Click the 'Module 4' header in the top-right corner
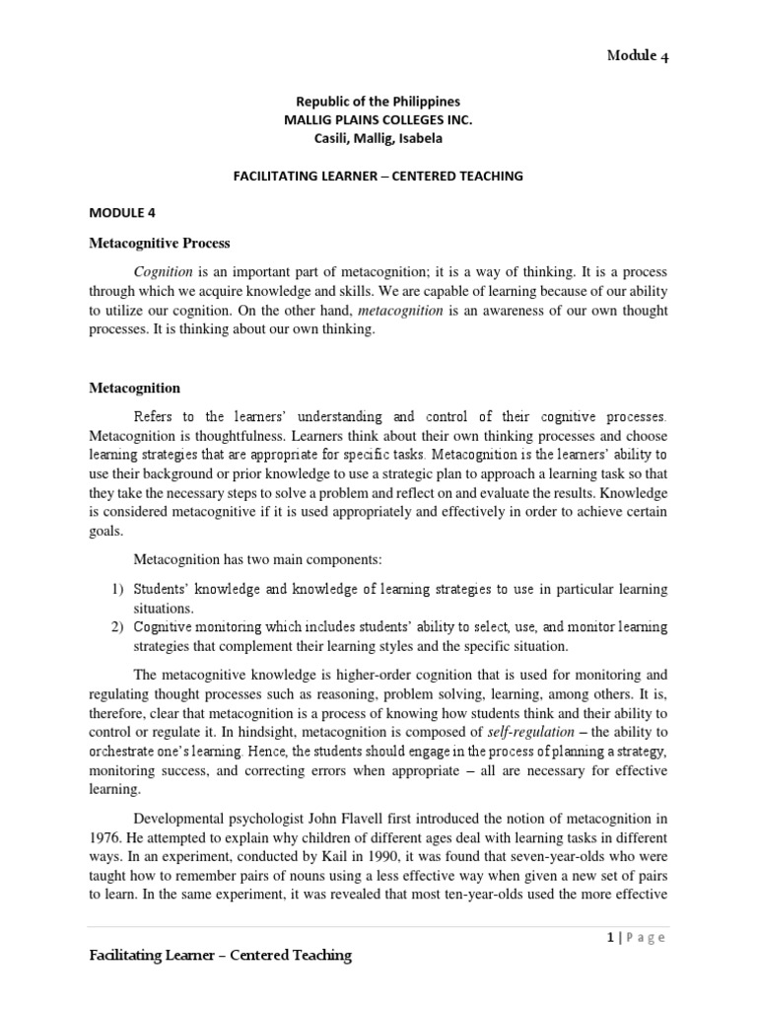tap(638, 56)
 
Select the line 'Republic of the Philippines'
tap(378, 102)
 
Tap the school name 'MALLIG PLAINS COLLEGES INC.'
tap(378, 119)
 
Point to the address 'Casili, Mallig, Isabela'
tap(378, 137)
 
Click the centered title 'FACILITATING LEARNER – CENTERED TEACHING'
tap(378, 176)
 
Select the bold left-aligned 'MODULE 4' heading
tap(122, 212)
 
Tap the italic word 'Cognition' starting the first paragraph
tap(164, 270)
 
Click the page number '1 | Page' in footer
tap(637, 938)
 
